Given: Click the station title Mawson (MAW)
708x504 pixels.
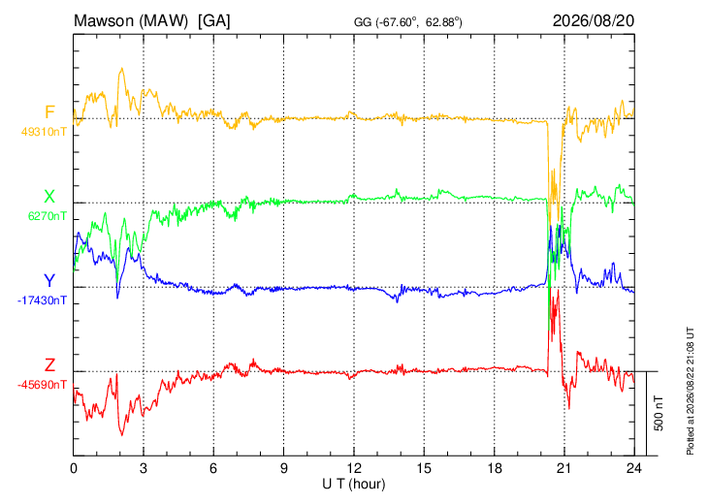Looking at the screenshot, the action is pos(131,20).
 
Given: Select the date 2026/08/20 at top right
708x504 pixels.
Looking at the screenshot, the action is pos(594,20).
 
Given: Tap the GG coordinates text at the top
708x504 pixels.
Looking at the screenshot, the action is pos(407,22).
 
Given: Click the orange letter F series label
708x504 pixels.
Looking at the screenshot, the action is pos(49,111).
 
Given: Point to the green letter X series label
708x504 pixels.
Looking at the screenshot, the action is pos(49,197).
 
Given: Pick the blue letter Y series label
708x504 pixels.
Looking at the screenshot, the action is pos(49,281).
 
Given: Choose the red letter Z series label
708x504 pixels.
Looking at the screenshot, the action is pos(49,364).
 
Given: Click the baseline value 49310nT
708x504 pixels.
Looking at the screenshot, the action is pos(44,132).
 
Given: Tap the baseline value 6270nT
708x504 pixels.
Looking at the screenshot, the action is pos(48,216).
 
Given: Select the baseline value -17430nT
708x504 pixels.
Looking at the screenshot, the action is pos(42,300).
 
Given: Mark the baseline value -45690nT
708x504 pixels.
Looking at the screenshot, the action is pos(42,385).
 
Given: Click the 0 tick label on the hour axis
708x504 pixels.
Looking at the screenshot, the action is pos(74,468).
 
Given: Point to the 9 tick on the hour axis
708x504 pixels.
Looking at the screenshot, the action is pos(283,468).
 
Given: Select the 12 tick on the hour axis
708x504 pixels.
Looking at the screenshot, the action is pos(354,468).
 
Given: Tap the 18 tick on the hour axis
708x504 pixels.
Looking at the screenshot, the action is pos(495,468).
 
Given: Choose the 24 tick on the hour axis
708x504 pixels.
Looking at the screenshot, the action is pos(634,468).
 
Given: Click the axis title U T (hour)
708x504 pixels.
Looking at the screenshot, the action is pos(354,485).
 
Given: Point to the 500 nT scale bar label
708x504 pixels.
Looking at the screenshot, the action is pos(659,413).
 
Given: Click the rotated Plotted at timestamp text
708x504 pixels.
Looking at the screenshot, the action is pos(690,391).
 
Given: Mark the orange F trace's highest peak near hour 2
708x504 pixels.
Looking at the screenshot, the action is pos(121,68).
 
